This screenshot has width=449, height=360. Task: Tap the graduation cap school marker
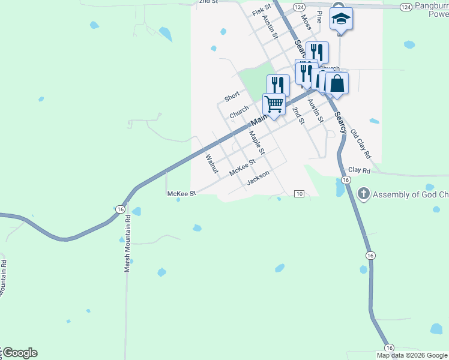(x=341, y=20)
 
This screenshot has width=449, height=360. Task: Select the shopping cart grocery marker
(x=274, y=104)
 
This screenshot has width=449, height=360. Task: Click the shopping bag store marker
(x=337, y=83)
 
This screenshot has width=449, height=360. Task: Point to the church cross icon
(x=363, y=194)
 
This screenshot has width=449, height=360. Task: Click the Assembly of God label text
(x=411, y=194)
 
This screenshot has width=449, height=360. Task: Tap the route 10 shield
(x=300, y=193)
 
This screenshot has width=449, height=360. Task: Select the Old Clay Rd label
(x=361, y=144)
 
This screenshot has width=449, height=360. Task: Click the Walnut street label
(x=211, y=164)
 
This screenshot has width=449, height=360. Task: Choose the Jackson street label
(x=258, y=178)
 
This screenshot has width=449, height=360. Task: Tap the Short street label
(x=232, y=96)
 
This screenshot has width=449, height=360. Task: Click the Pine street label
(x=319, y=16)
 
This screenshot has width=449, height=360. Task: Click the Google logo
(x=20, y=353)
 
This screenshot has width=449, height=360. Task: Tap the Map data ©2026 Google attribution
(x=412, y=355)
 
